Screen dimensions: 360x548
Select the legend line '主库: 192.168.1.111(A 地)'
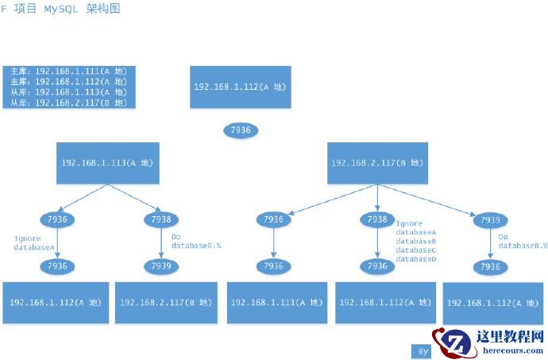pos(68,71)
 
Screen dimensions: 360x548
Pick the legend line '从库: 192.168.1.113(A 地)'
pos(68,91)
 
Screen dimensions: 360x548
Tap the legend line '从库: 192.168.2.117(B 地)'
pos(68,102)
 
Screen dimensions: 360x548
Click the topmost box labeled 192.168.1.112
pos(240,87)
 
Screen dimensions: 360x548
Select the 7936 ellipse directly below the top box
pos(241,130)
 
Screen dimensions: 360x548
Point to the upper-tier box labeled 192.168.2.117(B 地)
pos(377,163)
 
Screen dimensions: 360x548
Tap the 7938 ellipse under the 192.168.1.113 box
pos(162,219)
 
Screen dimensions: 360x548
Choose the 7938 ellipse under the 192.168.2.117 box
pos(378,219)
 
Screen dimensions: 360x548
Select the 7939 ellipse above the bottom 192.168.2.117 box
pos(162,266)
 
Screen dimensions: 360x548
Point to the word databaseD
pos(416,259)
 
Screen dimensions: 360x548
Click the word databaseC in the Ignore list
pos(416,250)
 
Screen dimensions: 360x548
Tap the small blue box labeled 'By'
pos(423,350)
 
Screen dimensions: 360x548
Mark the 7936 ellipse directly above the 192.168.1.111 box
pos(272,266)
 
